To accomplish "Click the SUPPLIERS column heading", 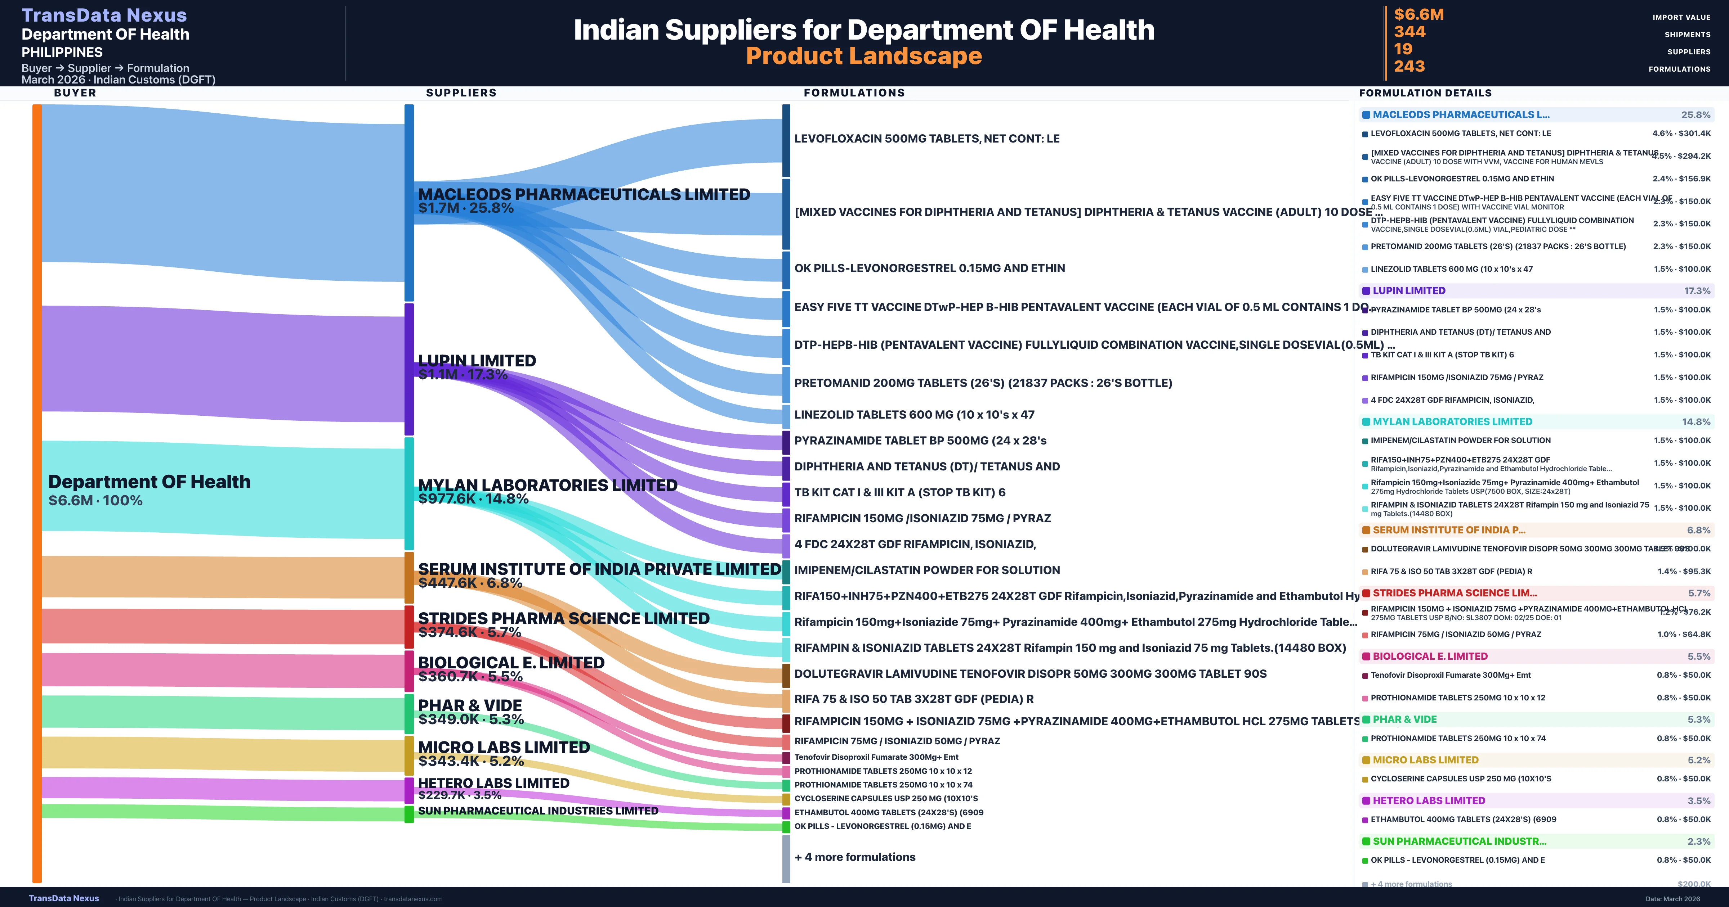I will coord(461,92).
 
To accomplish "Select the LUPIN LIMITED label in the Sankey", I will coord(477,361).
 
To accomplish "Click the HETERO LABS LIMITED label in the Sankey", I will coord(493,783).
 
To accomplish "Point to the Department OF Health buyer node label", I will coord(149,482).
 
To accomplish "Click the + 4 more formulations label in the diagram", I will coord(854,857).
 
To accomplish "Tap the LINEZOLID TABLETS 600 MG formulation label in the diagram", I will coord(914,415).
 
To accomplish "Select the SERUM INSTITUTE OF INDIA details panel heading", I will coord(1448,530).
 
